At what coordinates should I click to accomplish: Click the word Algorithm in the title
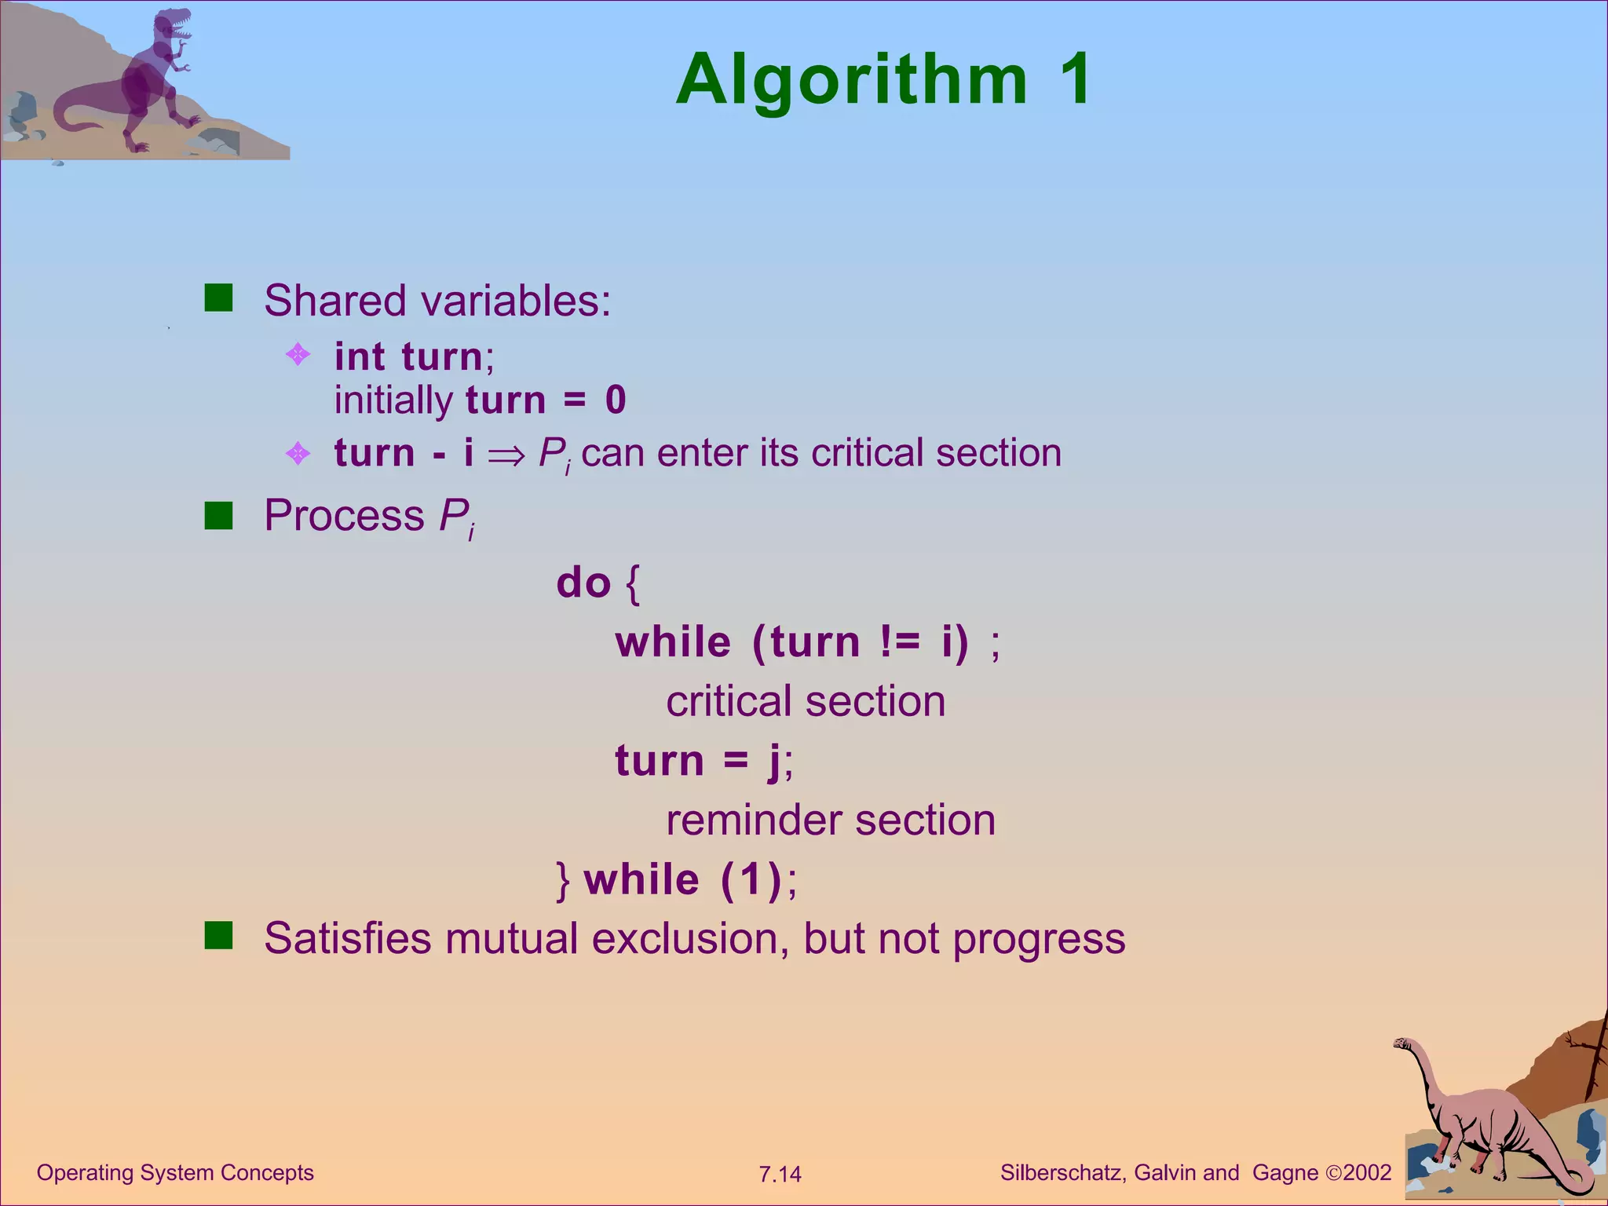point(852,80)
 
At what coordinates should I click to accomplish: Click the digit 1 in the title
point(1073,79)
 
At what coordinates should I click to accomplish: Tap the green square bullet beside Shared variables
point(218,298)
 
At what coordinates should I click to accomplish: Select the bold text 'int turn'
point(408,356)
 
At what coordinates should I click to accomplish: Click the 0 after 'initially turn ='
point(616,400)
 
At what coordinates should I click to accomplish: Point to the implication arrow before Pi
point(506,455)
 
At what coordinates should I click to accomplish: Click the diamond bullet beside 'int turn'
point(298,355)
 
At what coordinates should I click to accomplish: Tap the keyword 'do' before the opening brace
point(583,583)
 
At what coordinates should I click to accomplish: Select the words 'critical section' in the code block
point(806,701)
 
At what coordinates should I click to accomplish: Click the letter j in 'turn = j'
point(775,762)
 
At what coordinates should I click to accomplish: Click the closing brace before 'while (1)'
point(562,880)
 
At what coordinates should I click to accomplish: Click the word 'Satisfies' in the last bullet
point(347,938)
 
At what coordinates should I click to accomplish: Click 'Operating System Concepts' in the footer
point(175,1173)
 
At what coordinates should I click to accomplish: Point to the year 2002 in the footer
point(1367,1173)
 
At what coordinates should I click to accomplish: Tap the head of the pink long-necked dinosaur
point(1402,1043)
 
